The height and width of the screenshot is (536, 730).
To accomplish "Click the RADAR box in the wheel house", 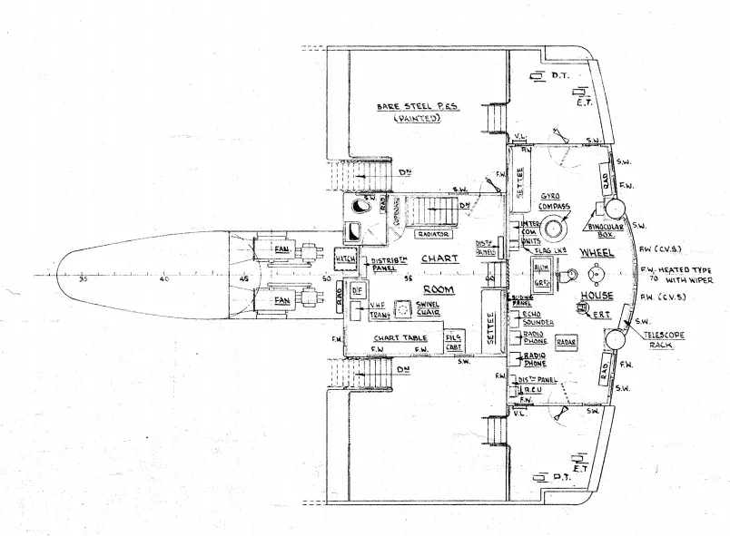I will [x=567, y=343].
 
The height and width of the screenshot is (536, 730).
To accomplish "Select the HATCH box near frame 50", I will [x=346, y=259].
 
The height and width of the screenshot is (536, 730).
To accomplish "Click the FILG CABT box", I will [x=454, y=340].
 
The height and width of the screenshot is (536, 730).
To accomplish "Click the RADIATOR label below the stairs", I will [x=432, y=234].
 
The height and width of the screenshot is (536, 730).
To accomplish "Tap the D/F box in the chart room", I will [x=357, y=290].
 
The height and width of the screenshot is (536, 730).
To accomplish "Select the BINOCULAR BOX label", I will [x=605, y=231].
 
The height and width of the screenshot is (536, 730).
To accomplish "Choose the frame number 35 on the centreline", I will [x=83, y=279].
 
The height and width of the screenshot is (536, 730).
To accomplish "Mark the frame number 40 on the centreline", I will [x=163, y=279].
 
